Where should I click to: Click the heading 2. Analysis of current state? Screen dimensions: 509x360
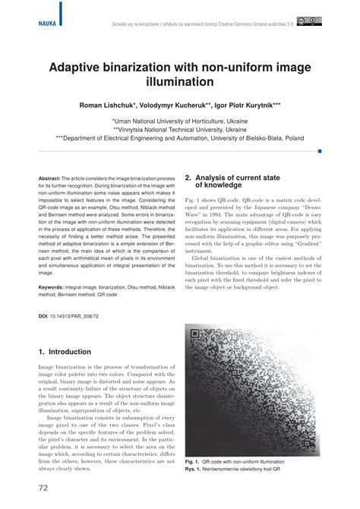(x=235, y=179)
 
